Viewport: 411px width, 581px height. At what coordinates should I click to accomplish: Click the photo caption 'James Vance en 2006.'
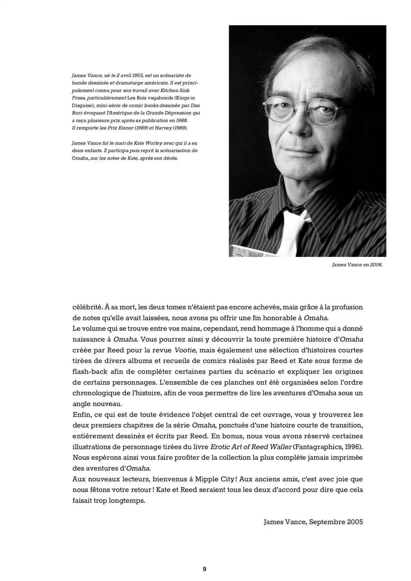point(357,266)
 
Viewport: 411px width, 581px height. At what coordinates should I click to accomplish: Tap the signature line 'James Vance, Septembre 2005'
point(313,522)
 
